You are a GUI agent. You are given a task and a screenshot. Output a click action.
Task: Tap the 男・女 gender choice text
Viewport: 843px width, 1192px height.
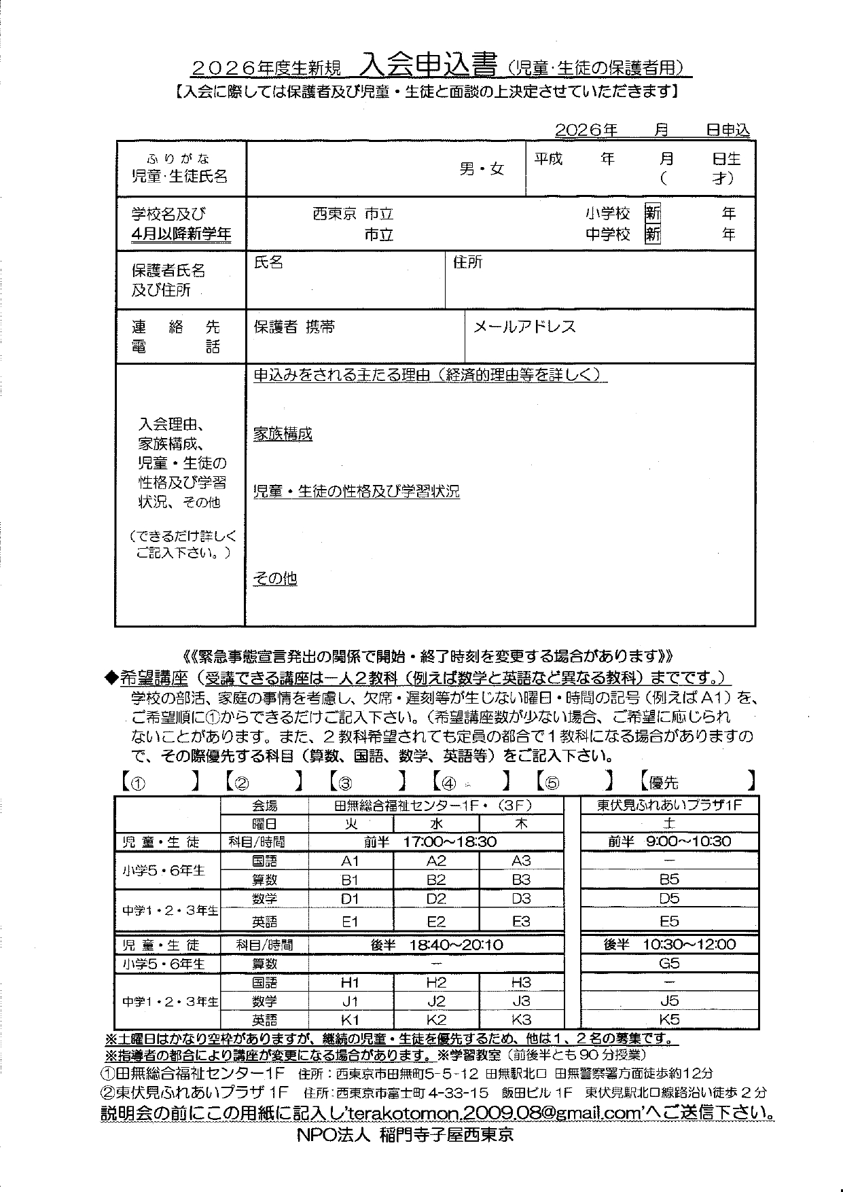482,169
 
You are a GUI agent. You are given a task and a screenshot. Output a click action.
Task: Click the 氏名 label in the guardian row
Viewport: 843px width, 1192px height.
268,263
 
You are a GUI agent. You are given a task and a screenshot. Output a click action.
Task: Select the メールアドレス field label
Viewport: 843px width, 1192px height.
524,327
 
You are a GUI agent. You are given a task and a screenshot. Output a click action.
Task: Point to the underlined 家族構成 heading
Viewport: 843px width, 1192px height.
283,434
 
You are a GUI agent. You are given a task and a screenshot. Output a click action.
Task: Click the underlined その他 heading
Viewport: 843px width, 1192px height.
275,579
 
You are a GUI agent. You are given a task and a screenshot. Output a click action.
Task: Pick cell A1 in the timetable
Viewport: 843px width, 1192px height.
350,861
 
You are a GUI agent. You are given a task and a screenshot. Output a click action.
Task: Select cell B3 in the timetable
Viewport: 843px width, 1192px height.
521,880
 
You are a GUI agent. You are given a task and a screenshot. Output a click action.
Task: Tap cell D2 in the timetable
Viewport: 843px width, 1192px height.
436,899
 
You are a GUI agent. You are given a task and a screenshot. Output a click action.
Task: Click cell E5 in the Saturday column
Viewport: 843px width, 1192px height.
669,922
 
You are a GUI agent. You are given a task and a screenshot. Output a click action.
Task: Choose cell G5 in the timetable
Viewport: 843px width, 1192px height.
669,963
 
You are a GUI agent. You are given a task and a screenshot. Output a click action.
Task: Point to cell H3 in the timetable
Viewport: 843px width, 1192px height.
521,982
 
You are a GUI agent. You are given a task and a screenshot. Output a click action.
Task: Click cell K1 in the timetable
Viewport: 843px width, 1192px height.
350,1019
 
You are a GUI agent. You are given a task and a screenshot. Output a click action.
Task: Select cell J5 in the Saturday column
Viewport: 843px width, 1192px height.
669,1000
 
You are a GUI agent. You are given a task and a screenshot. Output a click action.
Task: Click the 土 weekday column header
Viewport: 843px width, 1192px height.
669,823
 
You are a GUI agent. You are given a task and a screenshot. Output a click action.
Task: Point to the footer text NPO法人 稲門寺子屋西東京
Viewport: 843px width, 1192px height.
405,1135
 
